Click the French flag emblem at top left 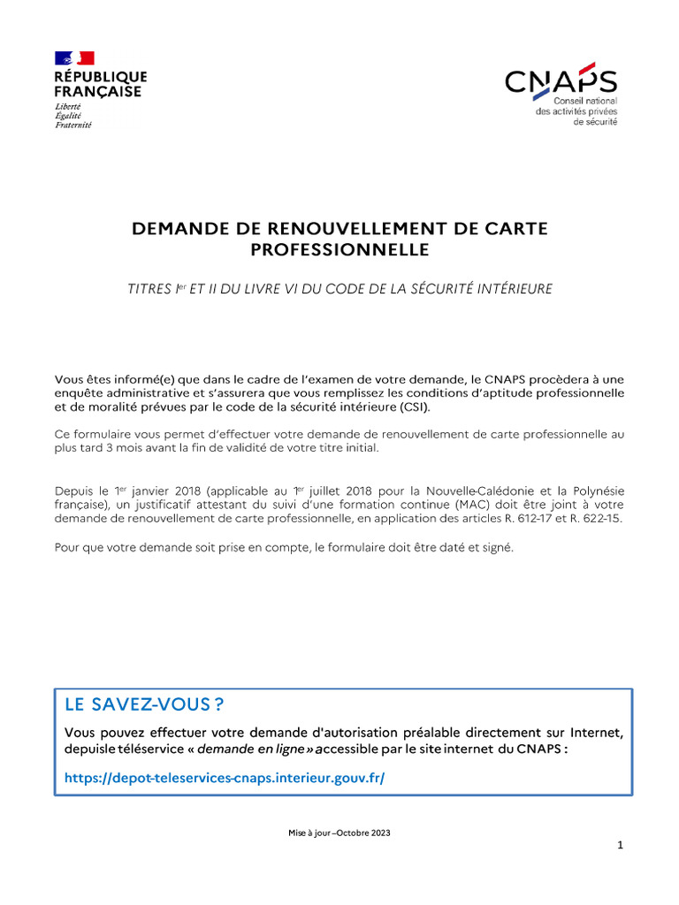pyautogui.click(x=74, y=58)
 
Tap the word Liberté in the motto pyautogui.click(x=67, y=106)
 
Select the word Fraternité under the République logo pyautogui.click(x=72, y=125)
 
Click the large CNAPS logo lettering pyautogui.click(x=561, y=82)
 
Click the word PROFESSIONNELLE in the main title pyautogui.click(x=339, y=250)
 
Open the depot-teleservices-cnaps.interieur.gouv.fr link pyautogui.click(x=225, y=778)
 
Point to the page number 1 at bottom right pyautogui.click(x=621, y=845)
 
